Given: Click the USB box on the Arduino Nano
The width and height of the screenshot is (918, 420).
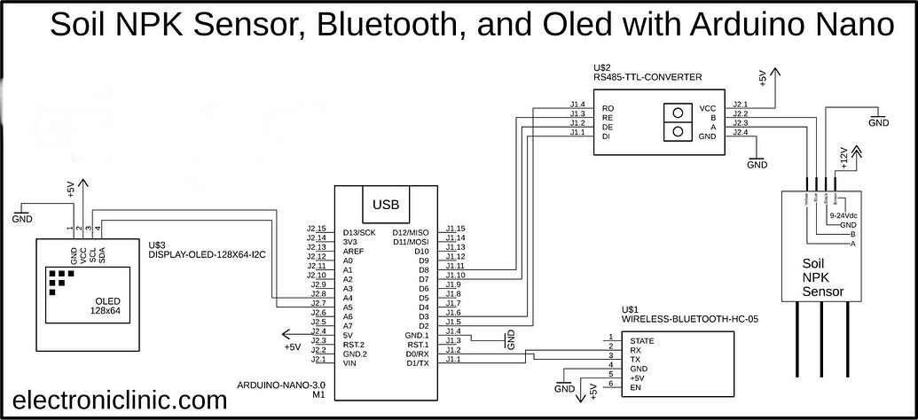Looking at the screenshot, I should click(x=386, y=205).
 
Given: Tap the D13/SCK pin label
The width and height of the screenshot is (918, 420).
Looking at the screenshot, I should click(x=361, y=232).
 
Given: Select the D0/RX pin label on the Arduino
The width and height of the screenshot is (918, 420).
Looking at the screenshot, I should click(x=417, y=354).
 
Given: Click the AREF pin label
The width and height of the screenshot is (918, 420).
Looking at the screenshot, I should click(x=353, y=251).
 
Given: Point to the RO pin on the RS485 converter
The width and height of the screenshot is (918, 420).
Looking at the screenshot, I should click(x=608, y=108).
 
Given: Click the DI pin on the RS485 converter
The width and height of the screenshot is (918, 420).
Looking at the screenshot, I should click(x=607, y=136).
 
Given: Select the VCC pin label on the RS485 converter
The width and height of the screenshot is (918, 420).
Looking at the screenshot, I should click(x=707, y=108).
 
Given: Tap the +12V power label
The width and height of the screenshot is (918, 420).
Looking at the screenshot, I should click(x=844, y=158).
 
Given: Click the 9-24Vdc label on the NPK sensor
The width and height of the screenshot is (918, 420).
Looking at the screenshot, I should click(x=843, y=215).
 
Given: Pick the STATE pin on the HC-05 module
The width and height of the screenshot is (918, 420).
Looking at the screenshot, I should click(x=641, y=341).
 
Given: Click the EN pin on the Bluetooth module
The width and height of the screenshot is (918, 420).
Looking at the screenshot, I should click(x=635, y=388).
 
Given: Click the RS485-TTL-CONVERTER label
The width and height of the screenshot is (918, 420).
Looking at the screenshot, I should click(x=647, y=78).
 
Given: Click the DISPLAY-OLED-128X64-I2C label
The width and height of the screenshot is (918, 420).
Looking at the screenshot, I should click(x=208, y=254).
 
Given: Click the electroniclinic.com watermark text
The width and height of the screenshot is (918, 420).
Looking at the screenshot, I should click(x=120, y=401).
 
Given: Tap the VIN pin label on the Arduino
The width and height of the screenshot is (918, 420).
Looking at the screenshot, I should click(x=349, y=362).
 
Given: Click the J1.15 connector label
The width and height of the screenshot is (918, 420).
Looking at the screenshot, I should click(x=455, y=229).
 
